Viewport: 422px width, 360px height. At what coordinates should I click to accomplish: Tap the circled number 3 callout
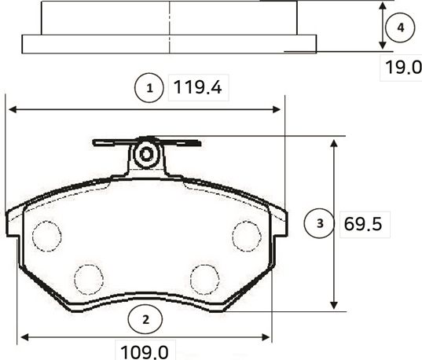point(319,224)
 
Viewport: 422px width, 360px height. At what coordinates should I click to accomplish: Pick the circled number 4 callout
point(401,28)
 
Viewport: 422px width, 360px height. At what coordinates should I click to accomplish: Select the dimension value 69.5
point(363,225)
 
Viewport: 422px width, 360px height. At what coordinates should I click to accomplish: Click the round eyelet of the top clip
point(145,154)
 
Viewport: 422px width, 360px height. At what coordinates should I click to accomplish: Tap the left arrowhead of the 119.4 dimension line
point(11,109)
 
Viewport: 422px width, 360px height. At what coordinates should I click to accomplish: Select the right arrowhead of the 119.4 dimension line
point(277,109)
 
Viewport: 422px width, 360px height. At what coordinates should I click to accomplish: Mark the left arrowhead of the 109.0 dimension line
point(24,337)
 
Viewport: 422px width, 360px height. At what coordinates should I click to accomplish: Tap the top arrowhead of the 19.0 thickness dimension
point(383,6)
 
